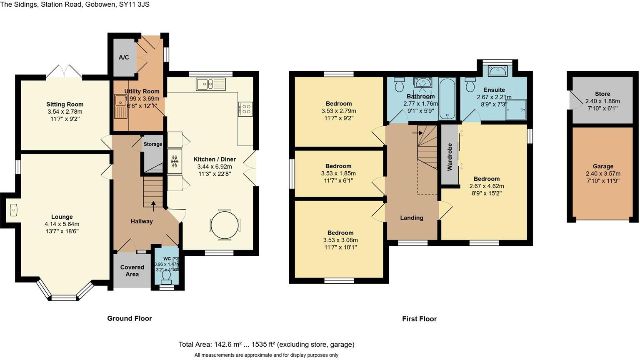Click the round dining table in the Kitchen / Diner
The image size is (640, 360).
point(225,225)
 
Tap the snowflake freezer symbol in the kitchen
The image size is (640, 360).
point(175,161)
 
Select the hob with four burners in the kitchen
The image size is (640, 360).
point(246,109)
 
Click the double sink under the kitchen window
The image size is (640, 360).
point(211,84)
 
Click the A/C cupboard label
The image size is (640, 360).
point(124,57)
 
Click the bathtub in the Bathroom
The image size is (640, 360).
point(448,99)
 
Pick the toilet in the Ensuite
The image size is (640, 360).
point(471,85)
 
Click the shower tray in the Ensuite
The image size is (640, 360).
point(516,109)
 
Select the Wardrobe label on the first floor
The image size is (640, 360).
point(450,157)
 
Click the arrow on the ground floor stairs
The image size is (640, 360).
point(153,204)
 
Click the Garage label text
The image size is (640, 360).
point(602,166)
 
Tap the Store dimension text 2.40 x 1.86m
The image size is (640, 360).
point(602,101)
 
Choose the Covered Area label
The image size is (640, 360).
point(132,270)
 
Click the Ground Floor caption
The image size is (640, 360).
point(130,318)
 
